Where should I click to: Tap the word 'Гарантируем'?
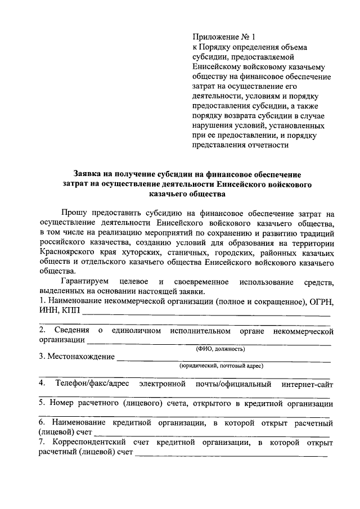84,281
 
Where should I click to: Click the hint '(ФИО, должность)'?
220,349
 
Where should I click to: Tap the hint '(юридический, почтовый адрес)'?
222,366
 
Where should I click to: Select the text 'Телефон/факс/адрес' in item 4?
92,384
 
